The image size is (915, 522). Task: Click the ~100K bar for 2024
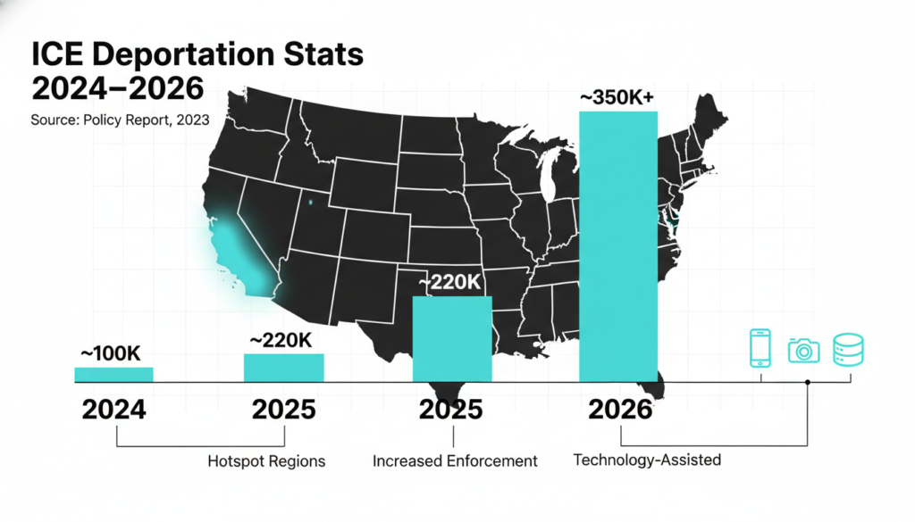pos(113,374)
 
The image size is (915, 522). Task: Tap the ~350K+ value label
pos(618,98)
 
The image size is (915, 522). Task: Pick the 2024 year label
pos(113,410)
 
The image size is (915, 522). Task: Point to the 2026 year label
pos(620,410)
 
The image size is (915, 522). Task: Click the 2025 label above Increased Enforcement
pos(451,410)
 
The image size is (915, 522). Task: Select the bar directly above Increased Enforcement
pos(451,339)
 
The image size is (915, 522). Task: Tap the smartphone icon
pos(760,348)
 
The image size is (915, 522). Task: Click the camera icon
pos(803,350)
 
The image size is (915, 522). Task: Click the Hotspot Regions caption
pos(265,461)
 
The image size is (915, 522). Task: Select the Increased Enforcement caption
pos(454,461)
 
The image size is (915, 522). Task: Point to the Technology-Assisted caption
pos(646,460)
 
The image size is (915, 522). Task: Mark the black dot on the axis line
pos(808,382)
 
